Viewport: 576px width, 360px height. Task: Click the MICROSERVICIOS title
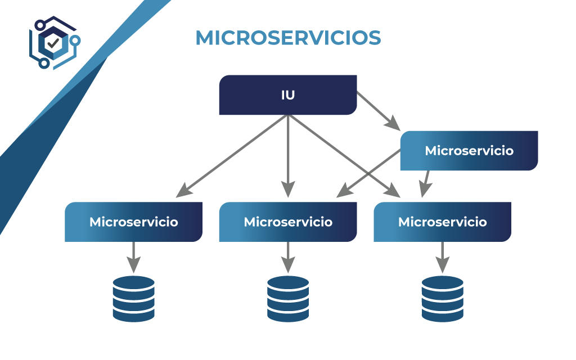pyautogui.click(x=289, y=38)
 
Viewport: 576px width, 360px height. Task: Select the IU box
pyautogui.click(x=288, y=94)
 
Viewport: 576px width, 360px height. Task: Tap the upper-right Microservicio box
pyautogui.click(x=469, y=151)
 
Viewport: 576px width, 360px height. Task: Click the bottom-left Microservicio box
pyautogui.click(x=134, y=222)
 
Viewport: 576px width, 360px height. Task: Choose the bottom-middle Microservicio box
pyautogui.click(x=288, y=222)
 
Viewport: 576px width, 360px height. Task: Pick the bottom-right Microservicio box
pyautogui.click(x=443, y=222)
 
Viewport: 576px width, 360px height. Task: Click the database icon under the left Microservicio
pyautogui.click(x=134, y=299)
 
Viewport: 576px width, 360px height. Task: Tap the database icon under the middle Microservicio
pyautogui.click(x=288, y=299)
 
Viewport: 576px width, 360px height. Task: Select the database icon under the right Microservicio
pyautogui.click(x=443, y=299)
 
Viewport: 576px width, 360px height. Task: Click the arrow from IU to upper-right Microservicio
pyautogui.click(x=379, y=111)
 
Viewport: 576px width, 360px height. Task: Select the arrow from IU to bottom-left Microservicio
pyautogui.click(x=232, y=156)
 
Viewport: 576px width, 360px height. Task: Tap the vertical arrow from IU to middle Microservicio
pyautogui.click(x=288, y=156)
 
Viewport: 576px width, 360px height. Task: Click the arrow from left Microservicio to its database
pyautogui.click(x=134, y=257)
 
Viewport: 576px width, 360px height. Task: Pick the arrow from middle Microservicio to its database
pyautogui.click(x=288, y=257)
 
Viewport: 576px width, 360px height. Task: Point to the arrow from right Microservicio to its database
pyautogui.click(x=443, y=257)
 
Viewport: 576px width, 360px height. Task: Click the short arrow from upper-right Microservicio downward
pyautogui.click(x=425, y=184)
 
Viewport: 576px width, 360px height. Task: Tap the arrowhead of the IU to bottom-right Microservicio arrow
pyautogui.click(x=393, y=191)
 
